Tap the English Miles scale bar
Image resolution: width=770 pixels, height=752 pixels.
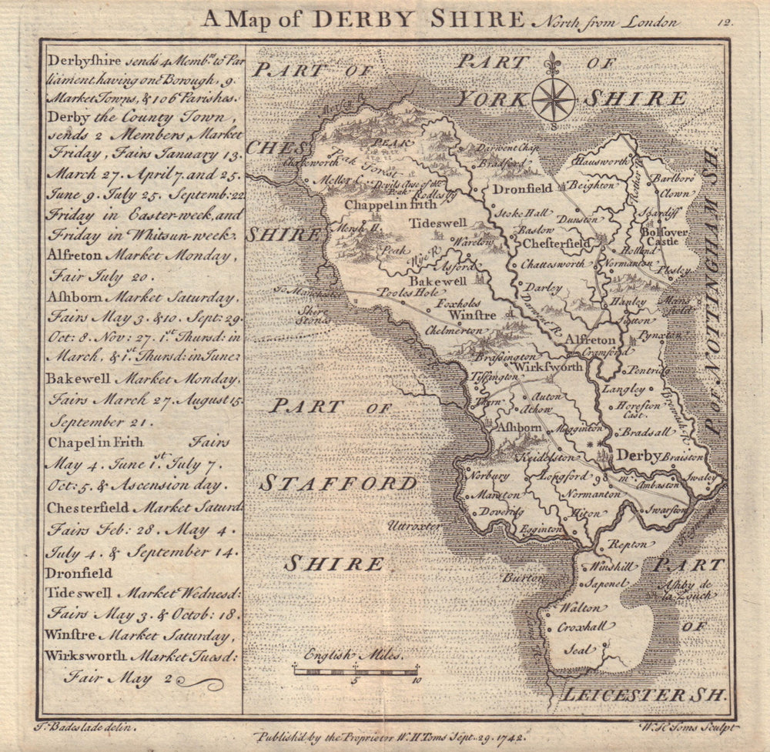355,671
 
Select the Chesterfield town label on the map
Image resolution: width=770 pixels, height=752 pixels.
557,243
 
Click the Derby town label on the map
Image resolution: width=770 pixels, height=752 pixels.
639,456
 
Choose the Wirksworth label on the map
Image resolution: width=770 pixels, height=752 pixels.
548,367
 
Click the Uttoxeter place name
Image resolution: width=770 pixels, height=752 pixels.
413,526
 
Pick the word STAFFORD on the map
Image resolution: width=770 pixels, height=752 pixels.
338,483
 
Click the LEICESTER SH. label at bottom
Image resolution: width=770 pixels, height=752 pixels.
644,694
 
